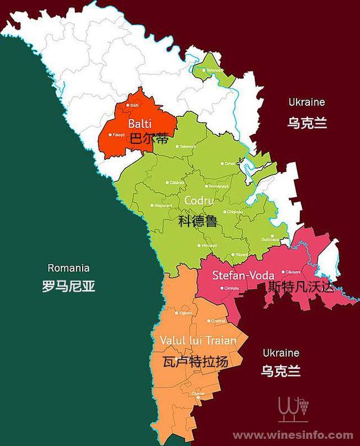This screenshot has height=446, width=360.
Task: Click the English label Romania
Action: [x=69, y=268]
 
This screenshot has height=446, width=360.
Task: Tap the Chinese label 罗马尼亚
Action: [x=69, y=286]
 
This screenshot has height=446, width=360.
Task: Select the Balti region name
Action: [x=138, y=123]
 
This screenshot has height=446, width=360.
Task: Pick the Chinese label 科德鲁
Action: [x=197, y=220]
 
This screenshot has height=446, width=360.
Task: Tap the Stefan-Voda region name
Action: [x=243, y=276]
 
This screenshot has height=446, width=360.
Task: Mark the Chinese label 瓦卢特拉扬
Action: [x=195, y=361]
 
